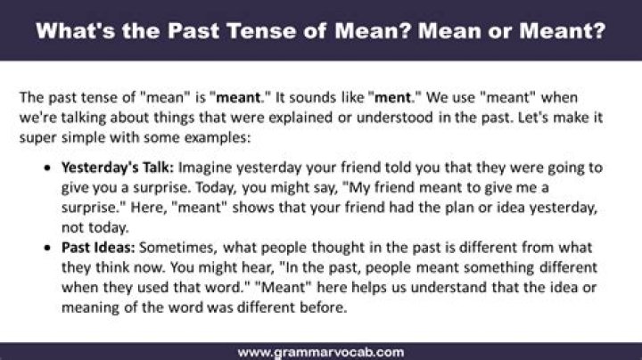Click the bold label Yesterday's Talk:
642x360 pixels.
pos(118,168)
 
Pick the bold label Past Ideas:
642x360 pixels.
pos(98,248)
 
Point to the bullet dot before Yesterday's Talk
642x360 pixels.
pos(48,168)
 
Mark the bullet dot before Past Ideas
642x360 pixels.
pos(48,248)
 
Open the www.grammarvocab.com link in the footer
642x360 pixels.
pos(321,352)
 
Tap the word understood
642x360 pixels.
pos(395,118)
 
